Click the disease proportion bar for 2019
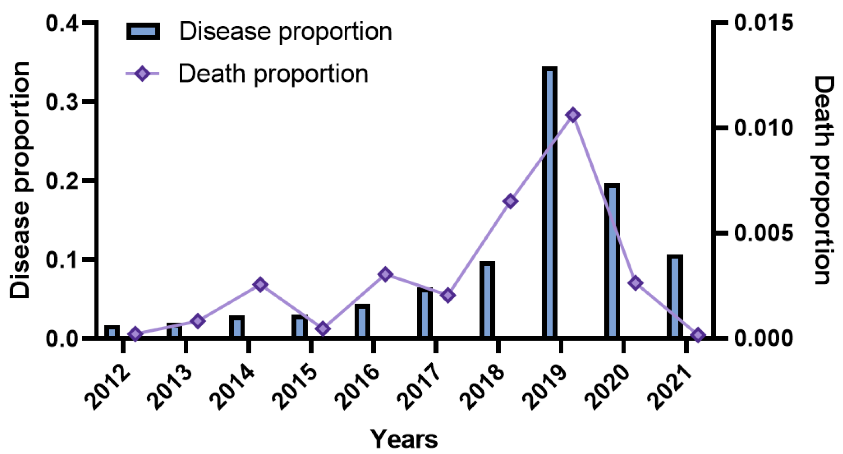549,202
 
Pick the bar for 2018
487,299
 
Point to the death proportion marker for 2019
573,115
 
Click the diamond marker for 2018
510,201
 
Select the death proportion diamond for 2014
260,284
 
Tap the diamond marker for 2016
385,274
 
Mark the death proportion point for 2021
697,335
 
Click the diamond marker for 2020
635,283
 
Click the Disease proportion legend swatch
143,31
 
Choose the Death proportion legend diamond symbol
142,74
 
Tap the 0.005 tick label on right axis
763,233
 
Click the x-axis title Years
404,439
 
